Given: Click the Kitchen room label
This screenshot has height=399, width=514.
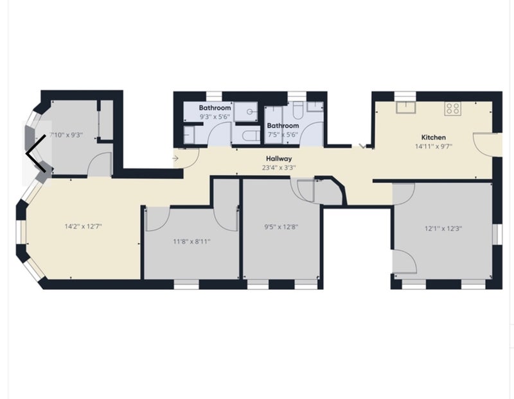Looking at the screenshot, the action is coord(433,137).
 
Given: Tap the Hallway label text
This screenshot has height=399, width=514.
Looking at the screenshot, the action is coord(279,158).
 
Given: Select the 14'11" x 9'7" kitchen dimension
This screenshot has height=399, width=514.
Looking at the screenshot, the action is coord(433,146).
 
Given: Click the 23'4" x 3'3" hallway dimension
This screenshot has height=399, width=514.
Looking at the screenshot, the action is coord(279,167).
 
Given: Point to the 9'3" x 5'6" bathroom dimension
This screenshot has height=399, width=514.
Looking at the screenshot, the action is coord(215,116).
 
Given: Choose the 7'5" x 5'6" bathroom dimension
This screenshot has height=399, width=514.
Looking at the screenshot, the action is coord(283,134).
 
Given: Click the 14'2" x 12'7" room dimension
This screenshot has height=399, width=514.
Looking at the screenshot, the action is coord(84,226).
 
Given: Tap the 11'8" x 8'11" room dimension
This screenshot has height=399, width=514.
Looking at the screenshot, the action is coord(191,242).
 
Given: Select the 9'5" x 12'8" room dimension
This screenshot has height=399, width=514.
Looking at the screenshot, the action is coord(281,227).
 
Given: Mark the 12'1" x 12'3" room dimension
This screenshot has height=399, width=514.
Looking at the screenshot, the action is coord(443,228).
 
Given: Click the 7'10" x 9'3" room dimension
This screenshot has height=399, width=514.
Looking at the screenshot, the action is coord(66,135).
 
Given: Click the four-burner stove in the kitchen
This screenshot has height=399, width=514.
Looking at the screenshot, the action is coord(453,108).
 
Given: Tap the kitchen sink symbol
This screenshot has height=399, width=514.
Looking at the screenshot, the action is coord(406,107).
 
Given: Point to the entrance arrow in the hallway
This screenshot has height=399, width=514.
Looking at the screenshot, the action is coord(175,158).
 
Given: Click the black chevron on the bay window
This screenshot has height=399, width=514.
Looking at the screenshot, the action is coord(36,153).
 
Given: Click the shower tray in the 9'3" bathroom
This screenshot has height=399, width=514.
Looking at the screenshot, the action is coord(246,112).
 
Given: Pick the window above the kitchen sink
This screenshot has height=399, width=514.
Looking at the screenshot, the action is coord(405,96).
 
